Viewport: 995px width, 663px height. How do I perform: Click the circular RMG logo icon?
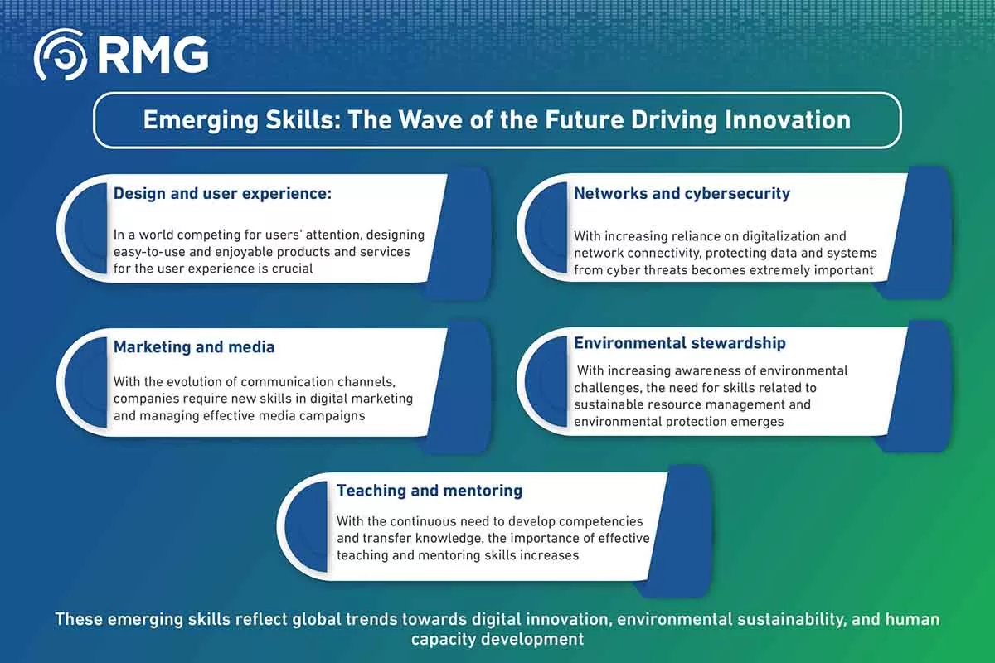pyautogui.click(x=60, y=55)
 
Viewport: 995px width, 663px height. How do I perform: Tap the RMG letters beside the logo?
pyautogui.click(x=153, y=55)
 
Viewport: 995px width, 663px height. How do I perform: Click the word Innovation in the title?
pyautogui.click(x=788, y=120)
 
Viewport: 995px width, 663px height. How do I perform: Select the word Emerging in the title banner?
pyautogui.click(x=201, y=121)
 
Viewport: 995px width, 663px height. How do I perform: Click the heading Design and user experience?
pyautogui.click(x=222, y=194)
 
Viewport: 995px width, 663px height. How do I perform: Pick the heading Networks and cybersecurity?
pyautogui.click(x=682, y=194)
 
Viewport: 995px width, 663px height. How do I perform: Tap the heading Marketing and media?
pyautogui.click(x=194, y=346)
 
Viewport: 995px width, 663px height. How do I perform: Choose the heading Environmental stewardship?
pyautogui.click(x=680, y=343)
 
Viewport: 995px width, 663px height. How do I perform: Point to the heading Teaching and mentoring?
pyautogui.click(x=430, y=491)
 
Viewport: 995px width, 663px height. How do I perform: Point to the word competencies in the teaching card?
pyautogui.click(x=600, y=521)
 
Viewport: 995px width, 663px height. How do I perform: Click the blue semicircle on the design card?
pyautogui.click(x=85, y=228)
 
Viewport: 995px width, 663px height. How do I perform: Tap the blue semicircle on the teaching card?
pyautogui.click(x=306, y=526)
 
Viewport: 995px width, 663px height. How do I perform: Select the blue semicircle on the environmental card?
pyautogui.click(x=546, y=381)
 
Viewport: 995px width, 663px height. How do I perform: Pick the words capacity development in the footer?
pyautogui.click(x=498, y=640)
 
